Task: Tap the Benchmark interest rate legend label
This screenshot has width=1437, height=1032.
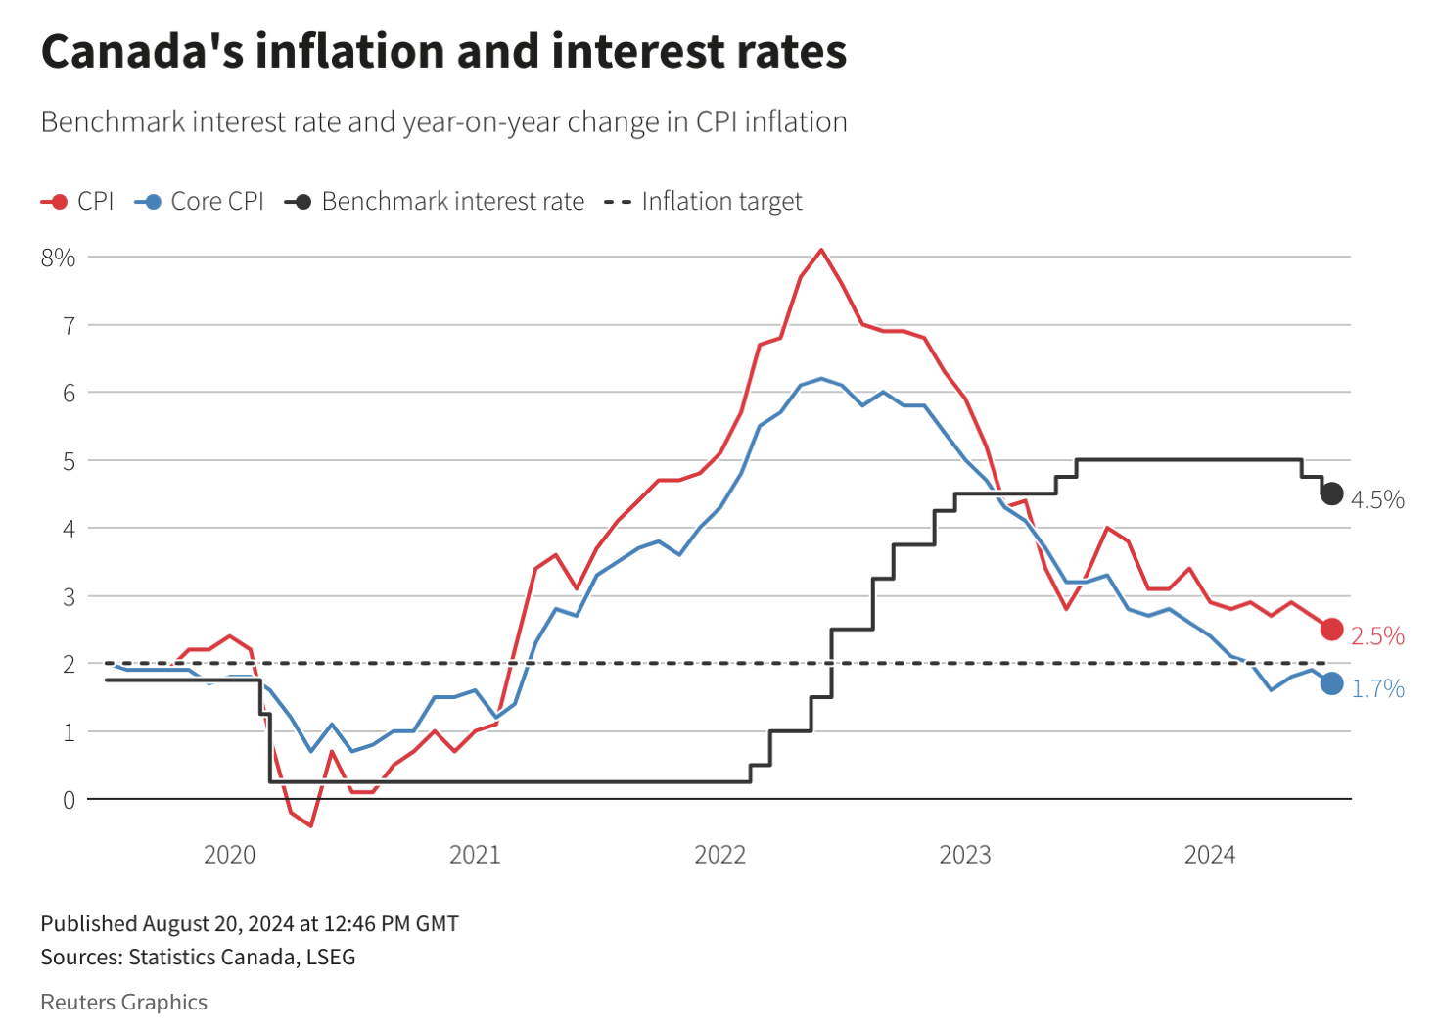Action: tap(452, 202)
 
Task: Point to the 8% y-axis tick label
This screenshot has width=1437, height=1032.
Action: tap(58, 258)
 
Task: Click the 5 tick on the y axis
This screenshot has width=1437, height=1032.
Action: tap(69, 461)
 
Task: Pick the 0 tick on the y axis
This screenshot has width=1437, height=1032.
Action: tap(69, 800)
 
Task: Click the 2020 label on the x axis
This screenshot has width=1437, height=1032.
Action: tap(229, 855)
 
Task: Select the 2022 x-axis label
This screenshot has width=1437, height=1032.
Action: tap(719, 855)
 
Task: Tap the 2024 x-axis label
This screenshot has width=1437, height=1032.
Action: tap(1210, 855)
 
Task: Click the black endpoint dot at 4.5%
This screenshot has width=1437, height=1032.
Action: tap(1331, 493)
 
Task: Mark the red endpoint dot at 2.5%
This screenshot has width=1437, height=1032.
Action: tap(1331, 630)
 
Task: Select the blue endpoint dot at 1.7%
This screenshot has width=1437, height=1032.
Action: tap(1331, 683)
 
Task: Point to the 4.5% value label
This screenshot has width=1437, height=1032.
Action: tap(1377, 500)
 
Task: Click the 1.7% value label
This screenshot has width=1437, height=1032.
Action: tap(1377, 689)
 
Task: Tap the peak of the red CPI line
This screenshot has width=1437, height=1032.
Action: tap(821, 250)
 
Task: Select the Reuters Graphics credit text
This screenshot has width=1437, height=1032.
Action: tap(123, 1003)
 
